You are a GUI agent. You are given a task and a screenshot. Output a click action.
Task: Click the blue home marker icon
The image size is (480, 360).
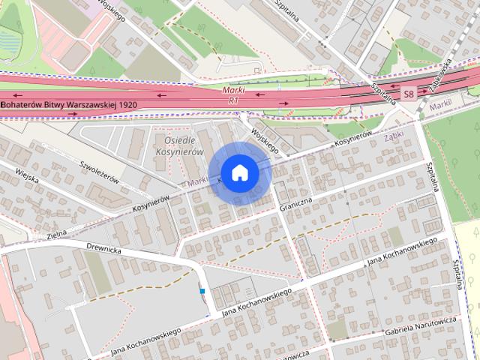(x=239, y=172)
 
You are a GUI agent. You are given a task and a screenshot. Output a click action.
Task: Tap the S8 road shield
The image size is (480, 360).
(x=408, y=94)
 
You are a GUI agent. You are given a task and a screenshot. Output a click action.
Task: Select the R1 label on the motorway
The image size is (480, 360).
(x=235, y=99)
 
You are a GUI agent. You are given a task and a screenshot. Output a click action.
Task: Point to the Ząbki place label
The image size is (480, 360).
(x=394, y=138)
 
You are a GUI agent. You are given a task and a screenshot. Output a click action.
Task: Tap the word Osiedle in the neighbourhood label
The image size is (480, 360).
(x=178, y=140)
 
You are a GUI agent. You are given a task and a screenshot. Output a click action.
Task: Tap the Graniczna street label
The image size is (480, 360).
(x=295, y=201)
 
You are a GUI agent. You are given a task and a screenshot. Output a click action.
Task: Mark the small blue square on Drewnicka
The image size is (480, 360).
(x=202, y=291)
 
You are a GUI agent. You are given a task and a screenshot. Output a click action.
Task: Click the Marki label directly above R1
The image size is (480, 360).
(x=234, y=90)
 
